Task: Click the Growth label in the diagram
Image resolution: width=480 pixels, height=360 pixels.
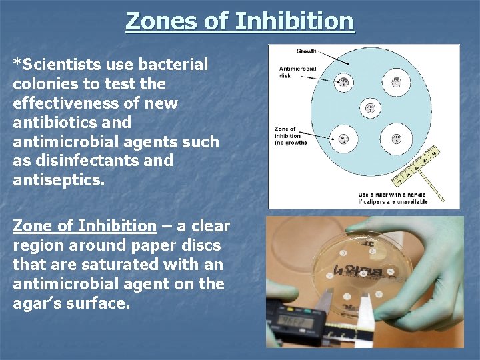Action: point(306,51)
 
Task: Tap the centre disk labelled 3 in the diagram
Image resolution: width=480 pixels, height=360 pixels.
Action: point(370,108)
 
